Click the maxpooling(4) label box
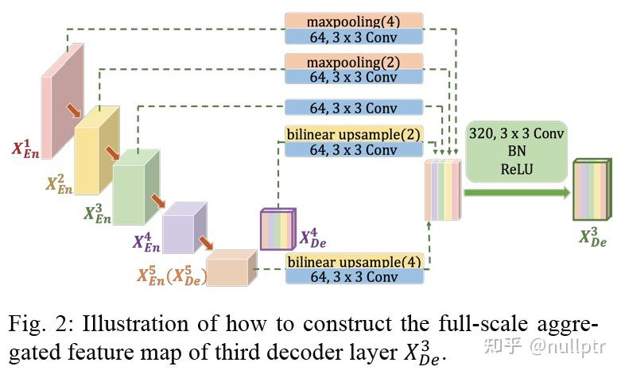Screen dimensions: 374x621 (x=353, y=21)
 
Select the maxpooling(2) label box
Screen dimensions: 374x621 (x=353, y=62)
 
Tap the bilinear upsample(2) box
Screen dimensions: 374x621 (x=353, y=134)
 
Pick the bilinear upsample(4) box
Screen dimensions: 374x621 (x=354, y=261)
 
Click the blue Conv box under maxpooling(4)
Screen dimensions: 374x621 (x=353, y=36)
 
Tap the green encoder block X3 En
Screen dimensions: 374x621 (x=134, y=184)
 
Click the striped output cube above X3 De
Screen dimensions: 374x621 (x=592, y=189)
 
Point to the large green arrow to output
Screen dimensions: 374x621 (x=516, y=191)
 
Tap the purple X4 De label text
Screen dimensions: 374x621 (x=312, y=237)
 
